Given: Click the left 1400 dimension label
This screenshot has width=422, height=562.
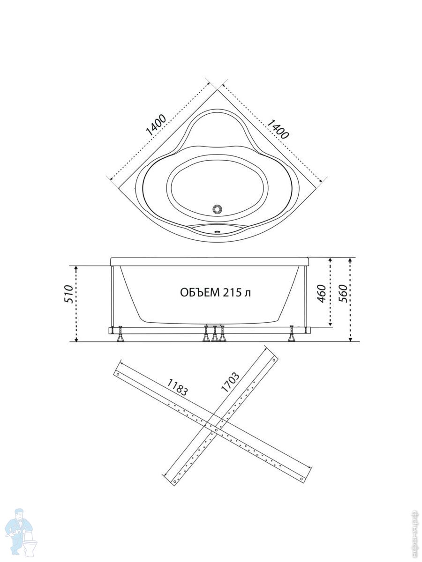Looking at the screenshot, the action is pyautogui.click(x=156, y=126).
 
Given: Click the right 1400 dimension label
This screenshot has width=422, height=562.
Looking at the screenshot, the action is pyautogui.click(x=279, y=129).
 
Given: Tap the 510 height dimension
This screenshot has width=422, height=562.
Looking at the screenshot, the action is pyautogui.click(x=69, y=294).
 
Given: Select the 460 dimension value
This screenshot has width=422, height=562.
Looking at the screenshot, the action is pyautogui.click(x=322, y=293).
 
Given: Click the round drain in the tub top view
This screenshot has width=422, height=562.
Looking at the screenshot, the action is pyautogui.click(x=218, y=209).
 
